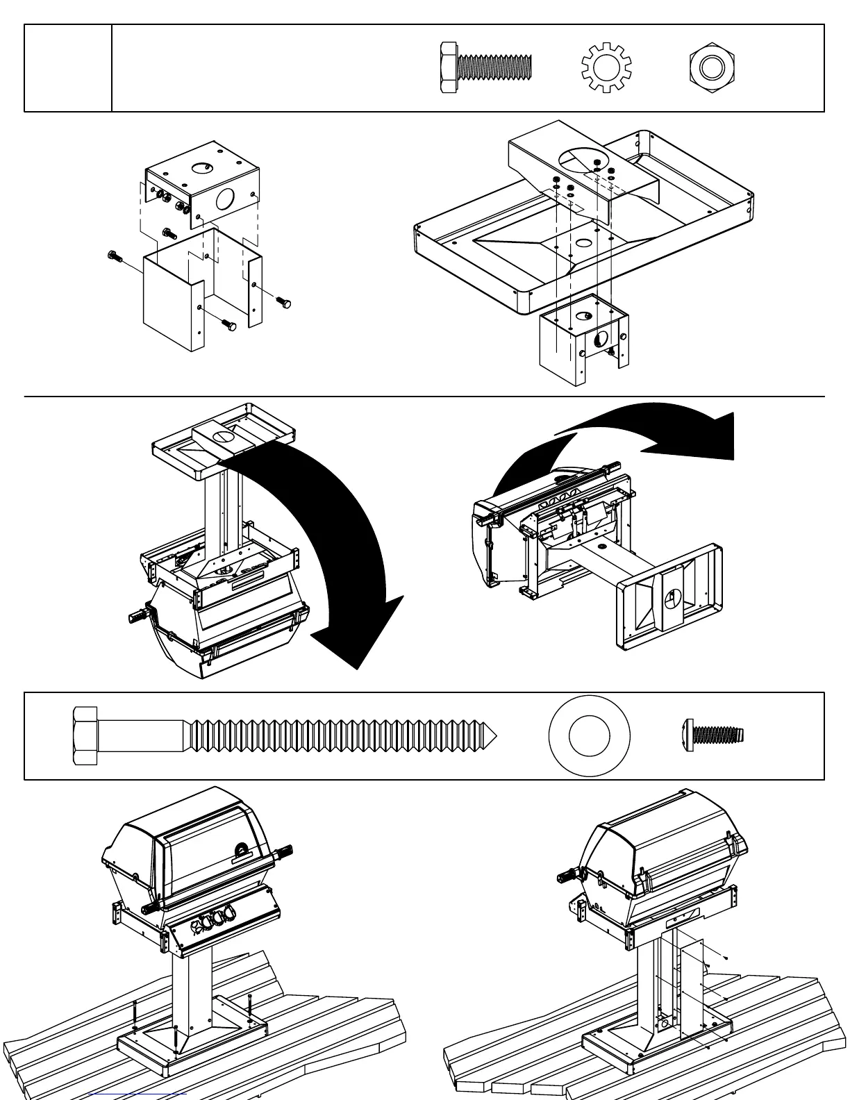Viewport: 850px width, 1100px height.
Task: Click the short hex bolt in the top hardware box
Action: [485, 67]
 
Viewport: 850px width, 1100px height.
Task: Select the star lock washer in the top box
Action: [602, 67]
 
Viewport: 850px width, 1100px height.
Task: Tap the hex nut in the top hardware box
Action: [712, 68]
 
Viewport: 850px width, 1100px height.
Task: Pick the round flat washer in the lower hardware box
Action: [589, 735]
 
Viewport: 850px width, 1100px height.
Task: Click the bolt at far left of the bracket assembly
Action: [115, 257]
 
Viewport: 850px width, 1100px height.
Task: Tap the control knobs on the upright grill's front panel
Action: [212, 922]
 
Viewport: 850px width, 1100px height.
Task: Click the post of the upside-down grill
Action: [224, 514]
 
